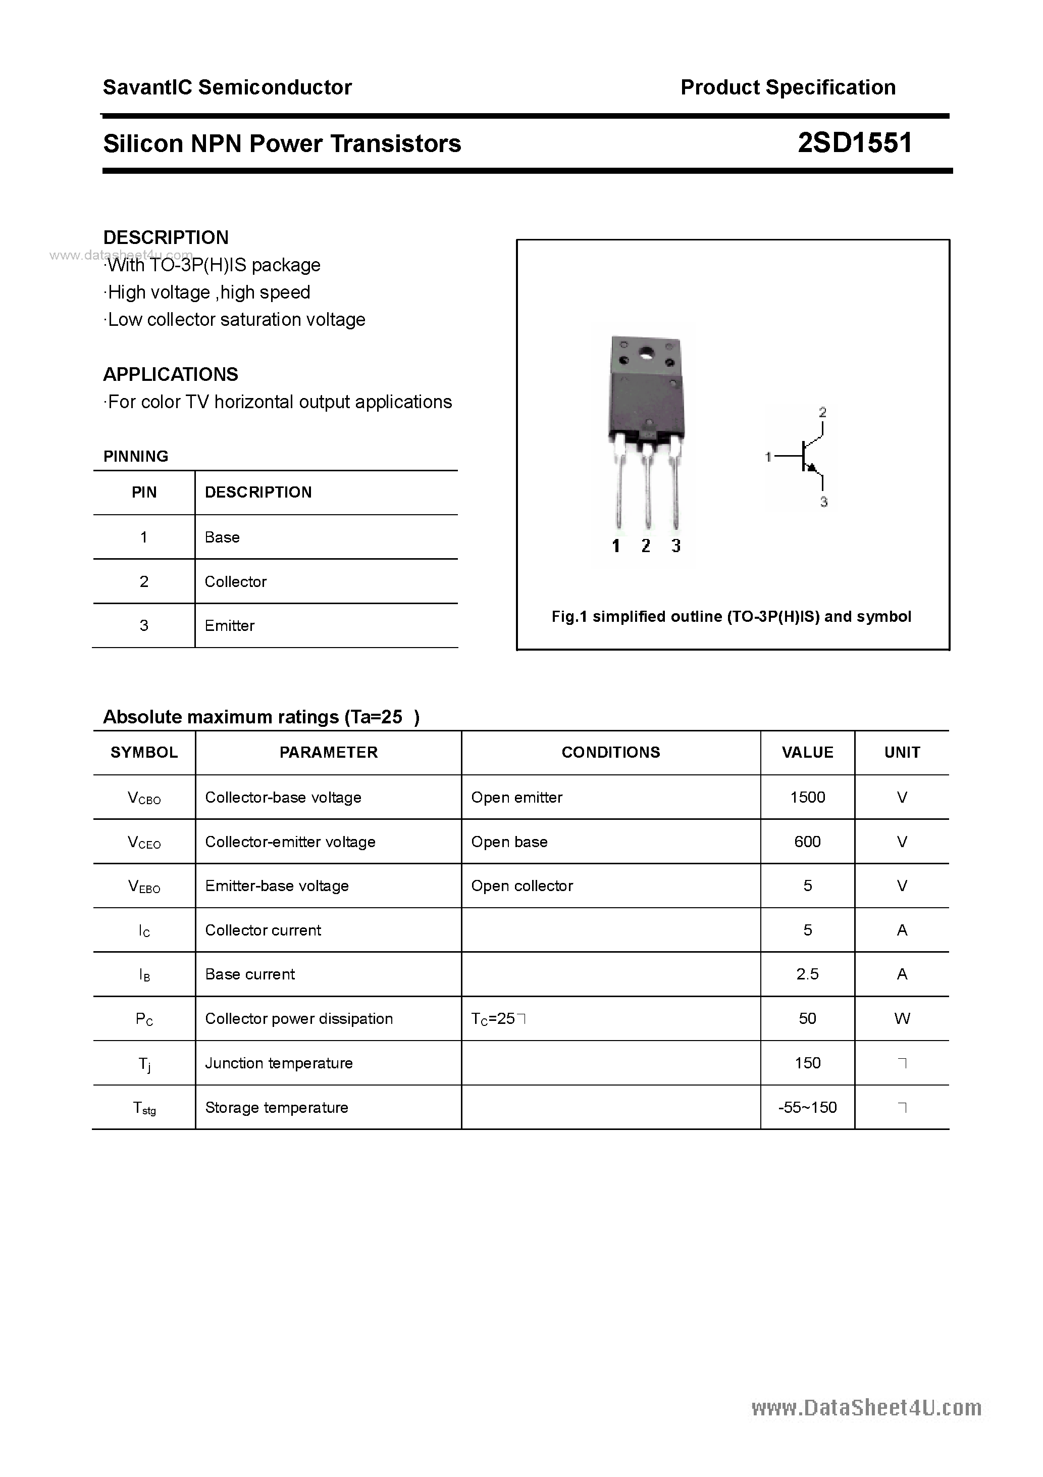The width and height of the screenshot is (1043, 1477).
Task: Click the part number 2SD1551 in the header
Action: click(x=855, y=143)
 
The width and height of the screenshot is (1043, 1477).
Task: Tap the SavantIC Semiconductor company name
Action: click(x=227, y=87)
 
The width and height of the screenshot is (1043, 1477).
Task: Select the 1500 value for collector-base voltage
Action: click(x=807, y=797)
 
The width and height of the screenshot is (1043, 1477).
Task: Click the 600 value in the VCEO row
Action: click(x=807, y=842)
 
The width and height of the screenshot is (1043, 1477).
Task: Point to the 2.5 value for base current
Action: click(x=807, y=974)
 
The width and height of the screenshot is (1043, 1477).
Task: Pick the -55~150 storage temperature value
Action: click(x=807, y=1107)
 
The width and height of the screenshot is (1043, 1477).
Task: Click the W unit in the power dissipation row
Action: click(x=902, y=1018)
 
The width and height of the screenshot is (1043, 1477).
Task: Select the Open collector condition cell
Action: click(x=521, y=886)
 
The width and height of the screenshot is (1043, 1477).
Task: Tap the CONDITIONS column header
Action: click(x=610, y=752)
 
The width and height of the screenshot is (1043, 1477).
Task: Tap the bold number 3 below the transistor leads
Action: click(x=676, y=546)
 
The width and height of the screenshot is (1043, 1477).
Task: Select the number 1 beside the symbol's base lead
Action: click(x=768, y=457)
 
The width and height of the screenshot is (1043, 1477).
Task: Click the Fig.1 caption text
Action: click(x=731, y=616)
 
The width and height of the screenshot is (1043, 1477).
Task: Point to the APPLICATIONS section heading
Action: click(x=171, y=374)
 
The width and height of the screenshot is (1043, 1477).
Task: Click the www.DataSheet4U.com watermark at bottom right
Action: click(x=866, y=1408)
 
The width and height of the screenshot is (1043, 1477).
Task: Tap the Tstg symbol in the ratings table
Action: click(x=144, y=1108)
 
